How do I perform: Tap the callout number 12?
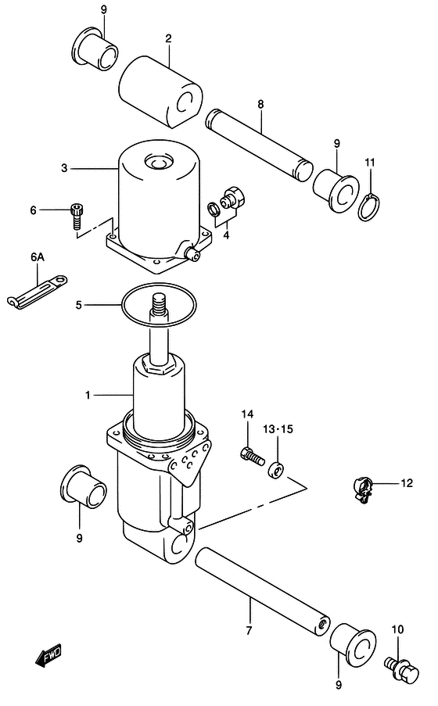pyautogui.click(x=406, y=484)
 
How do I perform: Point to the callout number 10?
pyautogui.click(x=397, y=629)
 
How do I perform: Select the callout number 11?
pyautogui.click(x=369, y=162)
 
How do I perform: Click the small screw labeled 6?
pyautogui.click(x=77, y=214)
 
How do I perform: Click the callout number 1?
pyautogui.click(x=88, y=396)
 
